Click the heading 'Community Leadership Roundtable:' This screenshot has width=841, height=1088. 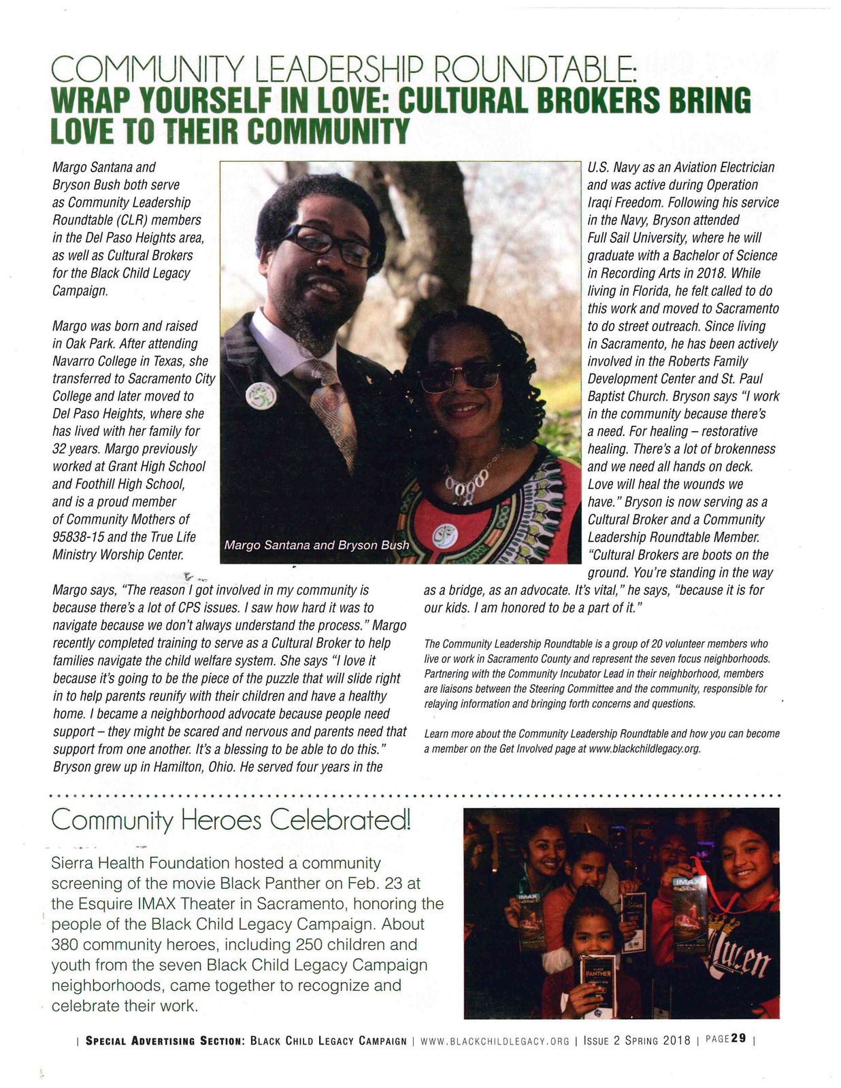pyautogui.click(x=344, y=69)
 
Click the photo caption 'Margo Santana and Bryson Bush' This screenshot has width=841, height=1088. pyautogui.click(x=316, y=545)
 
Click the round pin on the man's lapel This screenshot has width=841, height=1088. pyautogui.click(x=261, y=395)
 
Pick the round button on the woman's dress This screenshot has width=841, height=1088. pyautogui.click(x=445, y=535)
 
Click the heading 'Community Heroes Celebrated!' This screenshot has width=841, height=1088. pyautogui.click(x=231, y=821)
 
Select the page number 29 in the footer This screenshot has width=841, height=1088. pyautogui.click(x=739, y=1039)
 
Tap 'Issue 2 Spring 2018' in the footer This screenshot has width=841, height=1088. pyautogui.click(x=637, y=1040)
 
